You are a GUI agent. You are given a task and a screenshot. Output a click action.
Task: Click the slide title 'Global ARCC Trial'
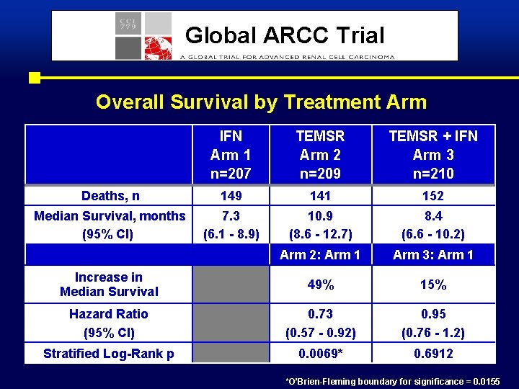[285, 35]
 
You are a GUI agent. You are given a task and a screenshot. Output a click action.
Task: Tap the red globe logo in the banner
[159, 48]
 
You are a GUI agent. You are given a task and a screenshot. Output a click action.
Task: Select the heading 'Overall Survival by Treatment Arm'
[261, 102]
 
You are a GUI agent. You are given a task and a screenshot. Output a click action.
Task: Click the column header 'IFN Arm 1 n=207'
[231, 154]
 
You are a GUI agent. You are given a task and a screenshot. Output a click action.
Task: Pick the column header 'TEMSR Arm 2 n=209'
[320, 154]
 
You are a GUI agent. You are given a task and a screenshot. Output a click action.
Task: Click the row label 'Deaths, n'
[110, 196]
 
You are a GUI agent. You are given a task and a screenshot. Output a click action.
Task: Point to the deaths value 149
[231, 196]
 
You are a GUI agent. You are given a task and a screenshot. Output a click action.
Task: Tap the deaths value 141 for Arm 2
[320, 196]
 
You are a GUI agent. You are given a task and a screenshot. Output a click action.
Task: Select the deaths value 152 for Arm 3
[432, 196]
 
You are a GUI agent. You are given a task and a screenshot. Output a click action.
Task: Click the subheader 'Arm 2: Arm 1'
[320, 254]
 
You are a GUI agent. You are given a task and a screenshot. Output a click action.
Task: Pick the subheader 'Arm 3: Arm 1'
[432, 254]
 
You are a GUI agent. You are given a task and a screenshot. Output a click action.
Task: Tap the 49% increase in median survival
[320, 285]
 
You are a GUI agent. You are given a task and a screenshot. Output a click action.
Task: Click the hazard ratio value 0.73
[320, 314]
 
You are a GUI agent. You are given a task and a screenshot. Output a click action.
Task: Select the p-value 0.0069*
[320, 353]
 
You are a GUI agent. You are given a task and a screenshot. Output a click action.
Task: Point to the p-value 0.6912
[432, 353]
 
